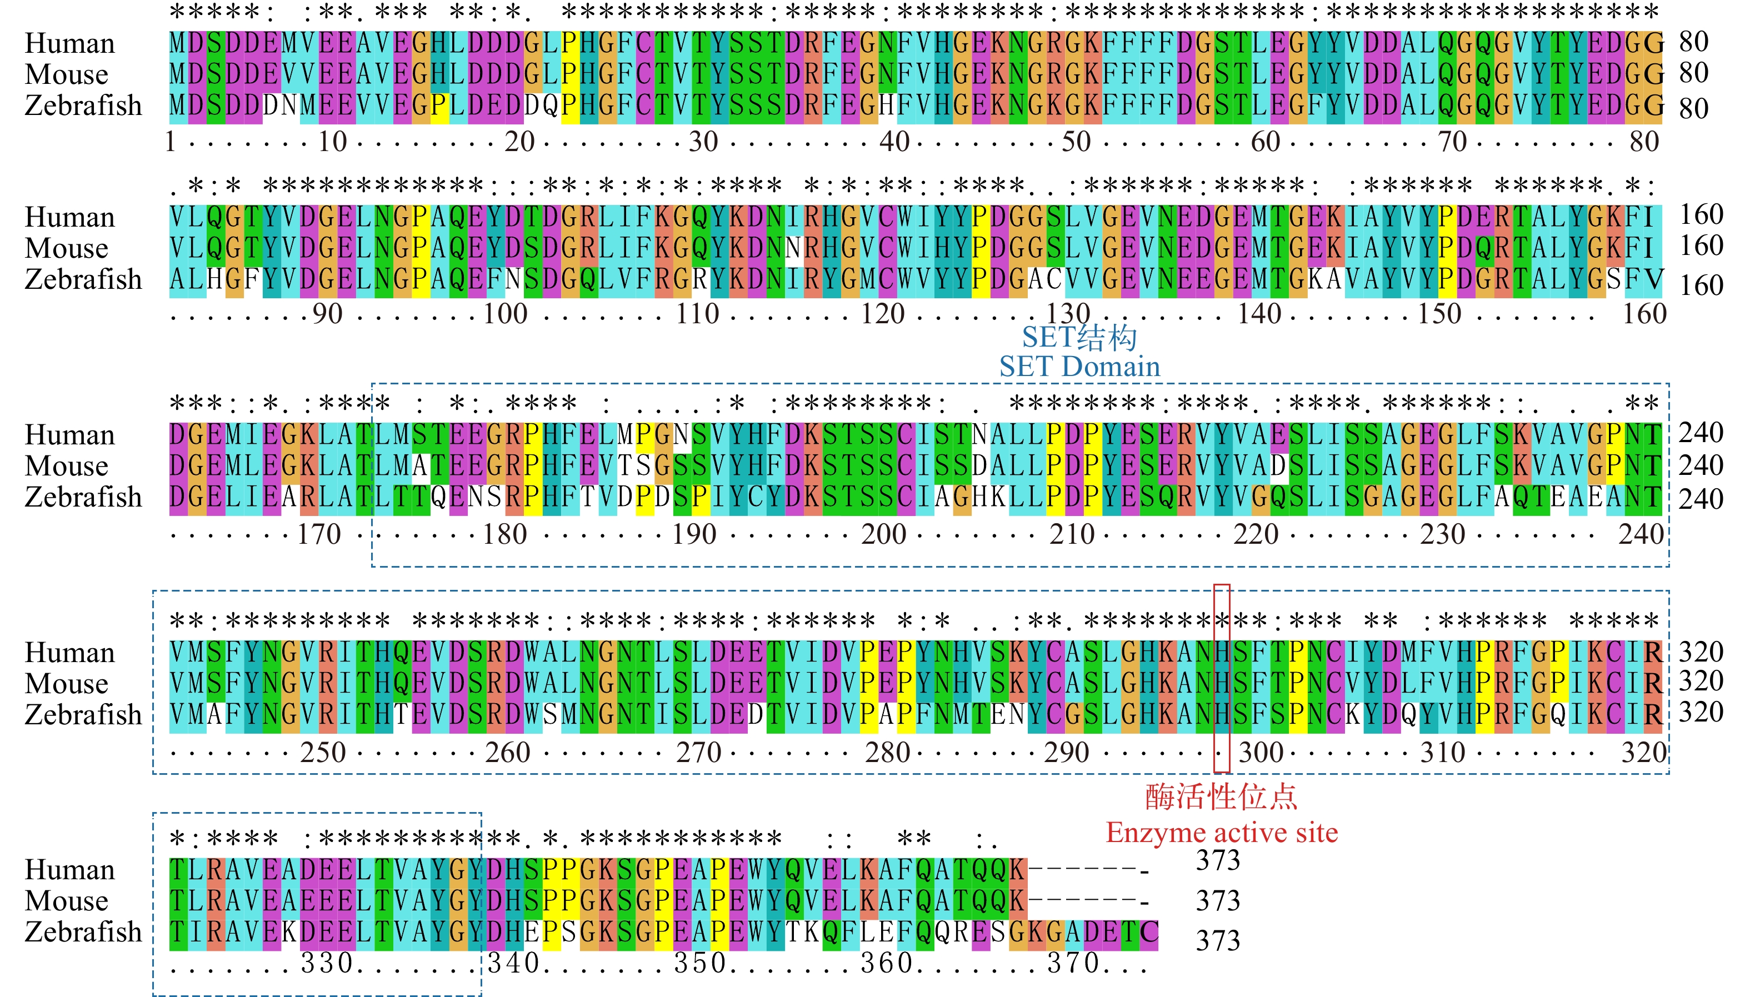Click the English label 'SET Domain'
coord(1079,367)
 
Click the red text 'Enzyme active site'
coord(1221,833)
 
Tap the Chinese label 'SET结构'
coord(1079,337)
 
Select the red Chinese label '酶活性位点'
coord(1221,797)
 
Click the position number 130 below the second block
coord(1068,314)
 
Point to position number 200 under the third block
coord(883,534)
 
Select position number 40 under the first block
coord(894,142)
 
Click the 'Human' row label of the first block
coord(70,43)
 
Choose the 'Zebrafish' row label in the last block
coord(83,932)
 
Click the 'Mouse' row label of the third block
coord(67,467)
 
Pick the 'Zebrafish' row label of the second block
coord(83,279)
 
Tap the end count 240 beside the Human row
coord(1701,433)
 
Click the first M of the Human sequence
coord(178,43)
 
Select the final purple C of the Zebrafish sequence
coord(1149,932)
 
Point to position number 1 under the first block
coord(171,142)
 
